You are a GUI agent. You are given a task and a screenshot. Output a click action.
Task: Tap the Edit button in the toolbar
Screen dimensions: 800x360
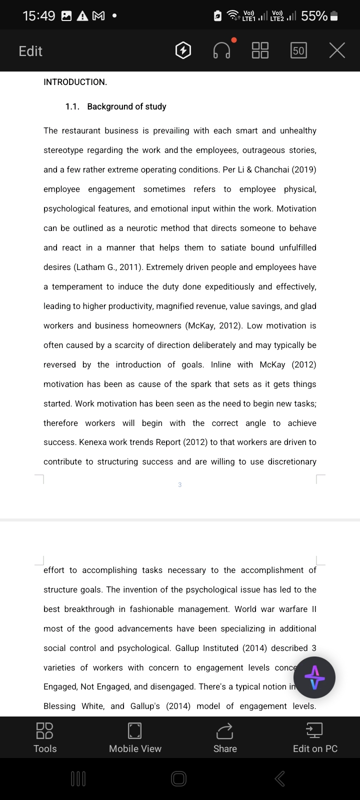point(30,51)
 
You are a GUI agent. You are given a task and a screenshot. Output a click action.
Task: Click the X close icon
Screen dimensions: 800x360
point(337,50)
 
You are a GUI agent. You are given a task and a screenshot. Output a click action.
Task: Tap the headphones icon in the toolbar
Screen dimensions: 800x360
point(222,50)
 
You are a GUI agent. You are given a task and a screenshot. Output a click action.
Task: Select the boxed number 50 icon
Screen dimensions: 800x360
point(298,50)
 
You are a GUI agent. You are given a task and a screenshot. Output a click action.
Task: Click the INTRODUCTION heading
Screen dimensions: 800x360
point(75,82)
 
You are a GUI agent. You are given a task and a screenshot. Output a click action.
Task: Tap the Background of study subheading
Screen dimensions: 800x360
point(126,106)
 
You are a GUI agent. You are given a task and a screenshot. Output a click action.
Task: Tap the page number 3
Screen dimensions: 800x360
point(180,484)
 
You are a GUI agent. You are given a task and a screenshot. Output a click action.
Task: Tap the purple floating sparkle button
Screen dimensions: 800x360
point(314,677)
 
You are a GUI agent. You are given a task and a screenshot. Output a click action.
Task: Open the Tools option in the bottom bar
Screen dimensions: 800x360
point(45,737)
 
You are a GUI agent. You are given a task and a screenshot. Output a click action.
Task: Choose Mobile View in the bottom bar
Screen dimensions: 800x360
point(135,737)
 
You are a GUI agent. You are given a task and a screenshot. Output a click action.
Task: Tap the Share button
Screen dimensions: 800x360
point(225,737)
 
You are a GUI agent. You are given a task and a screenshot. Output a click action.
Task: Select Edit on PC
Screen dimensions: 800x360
point(315,737)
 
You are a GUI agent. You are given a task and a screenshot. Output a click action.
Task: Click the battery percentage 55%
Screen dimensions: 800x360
point(314,16)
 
